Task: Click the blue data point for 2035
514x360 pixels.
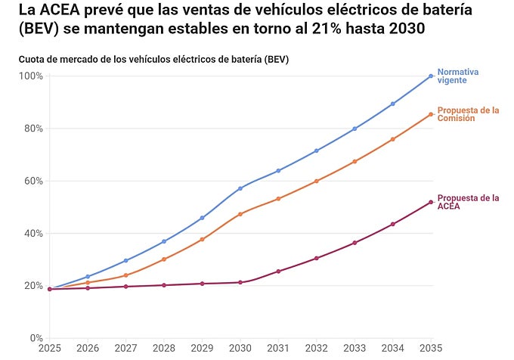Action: [x=431, y=76]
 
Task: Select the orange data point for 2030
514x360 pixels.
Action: [x=240, y=214]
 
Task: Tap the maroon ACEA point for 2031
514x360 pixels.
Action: [x=278, y=271]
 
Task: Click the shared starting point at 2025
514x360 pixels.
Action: [x=50, y=289]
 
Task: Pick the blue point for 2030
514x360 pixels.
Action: [x=240, y=188]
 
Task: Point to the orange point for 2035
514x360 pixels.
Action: [x=431, y=114]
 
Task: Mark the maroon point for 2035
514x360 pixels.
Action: [x=431, y=202]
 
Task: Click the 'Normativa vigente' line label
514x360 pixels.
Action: [x=458, y=76]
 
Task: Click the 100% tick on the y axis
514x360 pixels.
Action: [x=31, y=76]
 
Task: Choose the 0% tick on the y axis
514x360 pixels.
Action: [x=36, y=338]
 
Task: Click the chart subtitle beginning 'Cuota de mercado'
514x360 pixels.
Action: [x=153, y=59]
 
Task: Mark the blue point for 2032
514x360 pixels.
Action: [x=317, y=151]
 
